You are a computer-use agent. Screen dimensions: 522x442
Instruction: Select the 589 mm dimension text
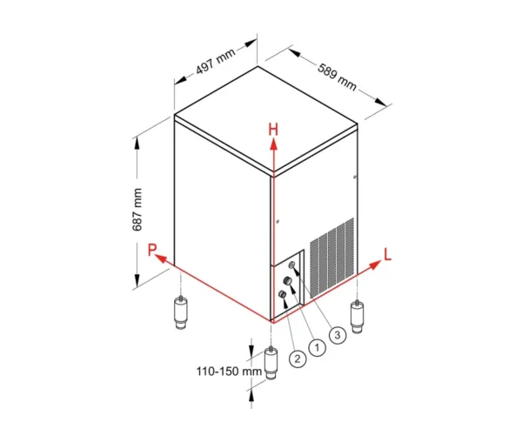pyautogui.click(x=337, y=77)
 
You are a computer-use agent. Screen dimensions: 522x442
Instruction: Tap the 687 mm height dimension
pyautogui.click(x=137, y=210)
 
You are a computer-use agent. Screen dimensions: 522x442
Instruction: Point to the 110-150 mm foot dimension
pyautogui.click(x=229, y=372)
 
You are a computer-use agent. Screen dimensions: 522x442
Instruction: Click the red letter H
pyautogui.click(x=273, y=130)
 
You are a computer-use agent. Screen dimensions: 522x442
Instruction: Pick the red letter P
pyautogui.click(x=151, y=250)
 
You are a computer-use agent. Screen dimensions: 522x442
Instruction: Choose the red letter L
pyautogui.click(x=387, y=254)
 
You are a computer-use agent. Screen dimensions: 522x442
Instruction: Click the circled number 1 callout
pyautogui.click(x=317, y=348)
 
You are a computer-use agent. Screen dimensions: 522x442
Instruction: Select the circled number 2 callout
pyautogui.click(x=298, y=358)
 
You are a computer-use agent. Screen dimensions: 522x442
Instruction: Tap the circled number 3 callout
pyautogui.click(x=338, y=335)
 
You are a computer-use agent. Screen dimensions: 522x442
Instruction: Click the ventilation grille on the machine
pyautogui.click(x=332, y=257)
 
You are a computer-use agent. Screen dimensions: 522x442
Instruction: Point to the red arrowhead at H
pyautogui.click(x=273, y=144)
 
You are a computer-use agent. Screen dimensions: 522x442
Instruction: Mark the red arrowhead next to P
pyautogui.click(x=161, y=258)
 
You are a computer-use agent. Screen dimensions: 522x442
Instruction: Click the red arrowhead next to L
pyautogui.click(x=376, y=265)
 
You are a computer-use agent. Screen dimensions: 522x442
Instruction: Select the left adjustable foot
pyautogui.click(x=180, y=313)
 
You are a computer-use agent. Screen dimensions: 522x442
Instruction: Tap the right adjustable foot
pyautogui.click(x=358, y=317)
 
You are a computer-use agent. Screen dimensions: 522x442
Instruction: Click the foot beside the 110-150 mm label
pyautogui.click(x=271, y=363)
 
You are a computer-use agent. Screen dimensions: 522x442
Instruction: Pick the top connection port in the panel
pyautogui.click(x=292, y=265)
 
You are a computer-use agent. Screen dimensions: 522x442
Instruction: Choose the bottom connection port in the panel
pyautogui.click(x=282, y=294)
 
